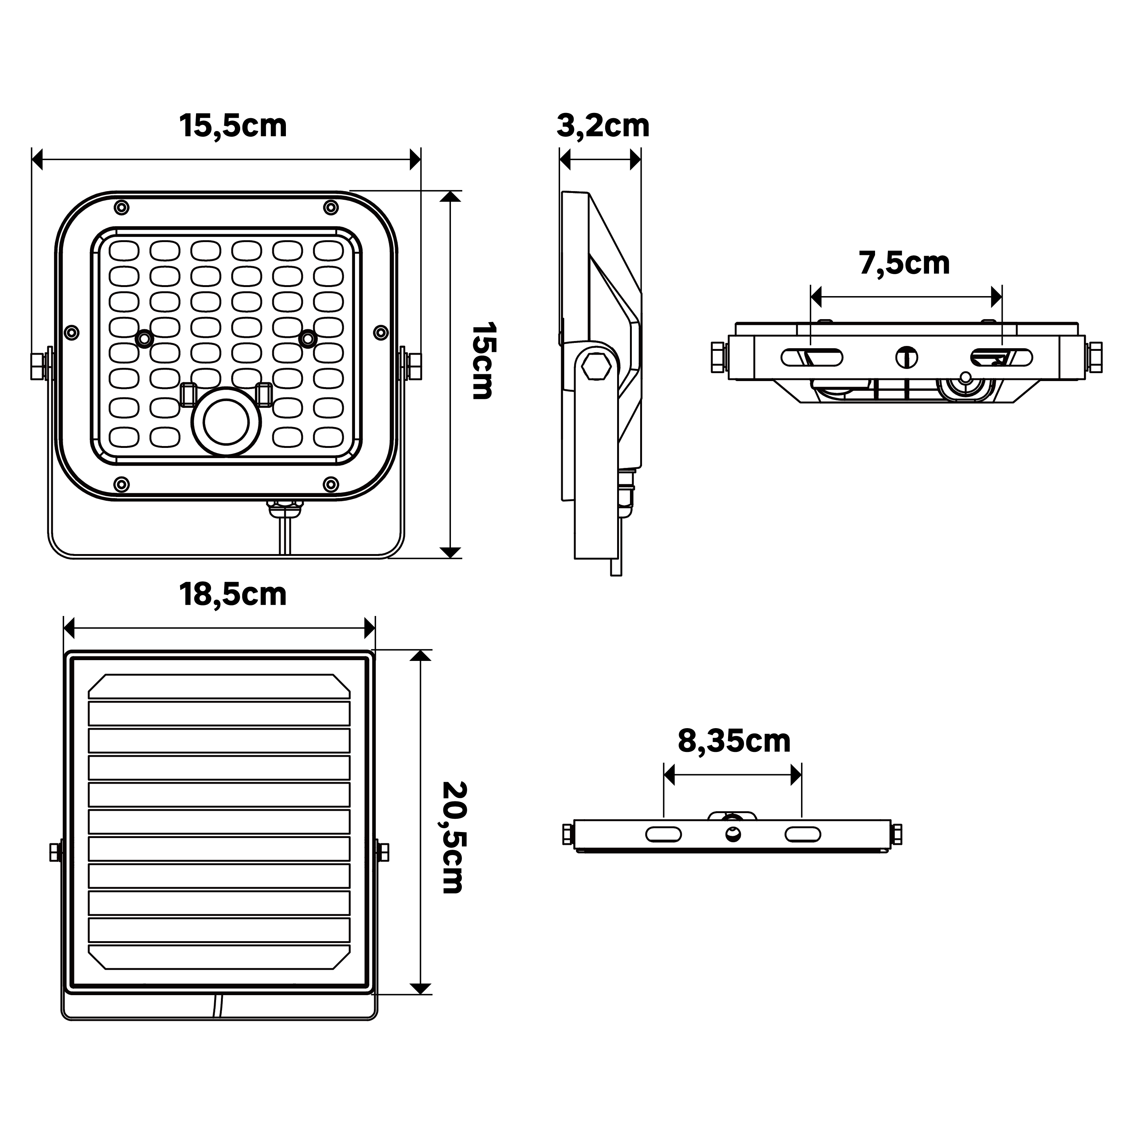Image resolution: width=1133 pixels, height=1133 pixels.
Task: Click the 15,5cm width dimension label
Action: click(233, 126)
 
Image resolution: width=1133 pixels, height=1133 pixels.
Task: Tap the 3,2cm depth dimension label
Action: click(602, 126)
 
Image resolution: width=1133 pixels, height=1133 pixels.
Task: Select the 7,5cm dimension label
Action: click(904, 263)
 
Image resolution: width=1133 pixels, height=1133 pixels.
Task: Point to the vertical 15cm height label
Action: click(484, 361)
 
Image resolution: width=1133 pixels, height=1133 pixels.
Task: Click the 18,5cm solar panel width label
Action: click(233, 595)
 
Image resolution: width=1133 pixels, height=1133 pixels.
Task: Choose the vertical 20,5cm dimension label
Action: click(453, 837)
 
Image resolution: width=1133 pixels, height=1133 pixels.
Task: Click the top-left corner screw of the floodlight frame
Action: click(121, 207)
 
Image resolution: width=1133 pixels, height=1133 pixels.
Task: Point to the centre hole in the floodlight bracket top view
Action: click(907, 357)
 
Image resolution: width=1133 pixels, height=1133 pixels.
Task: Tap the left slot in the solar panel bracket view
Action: click(663, 834)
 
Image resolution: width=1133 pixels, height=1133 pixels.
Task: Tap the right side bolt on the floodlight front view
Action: click(414, 365)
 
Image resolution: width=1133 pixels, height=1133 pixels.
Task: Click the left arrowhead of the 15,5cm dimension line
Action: click(37, 159)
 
